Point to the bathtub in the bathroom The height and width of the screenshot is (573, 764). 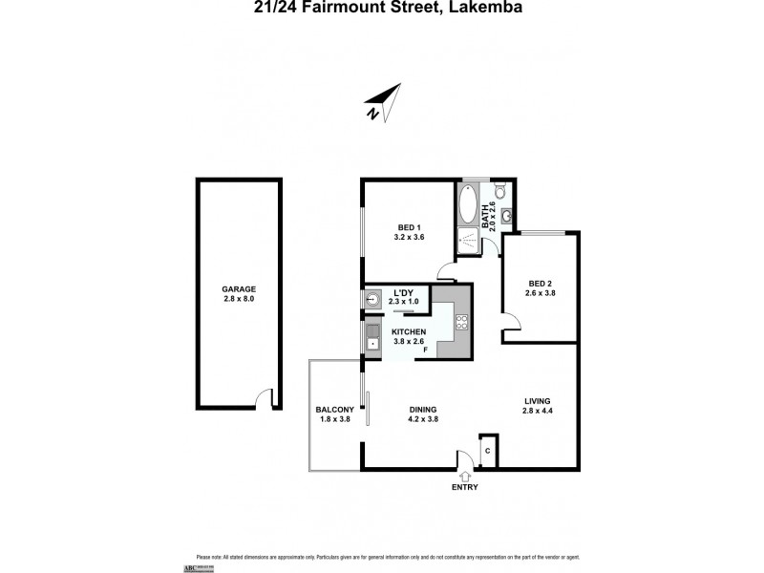click(x=469, y=203)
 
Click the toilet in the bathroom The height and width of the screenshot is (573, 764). click(x=500, y=191)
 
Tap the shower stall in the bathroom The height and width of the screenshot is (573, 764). click(x=469, y=241)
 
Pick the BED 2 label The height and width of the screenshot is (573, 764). click(x=541, y=284)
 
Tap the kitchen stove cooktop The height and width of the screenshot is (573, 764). click(x=462, y=322)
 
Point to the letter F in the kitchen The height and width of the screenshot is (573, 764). click(x=426, y=350)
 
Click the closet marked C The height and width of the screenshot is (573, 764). click(x=487, y=451)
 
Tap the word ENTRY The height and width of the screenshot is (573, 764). click(x=465, y=487)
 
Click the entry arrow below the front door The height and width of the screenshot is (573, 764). click(x=465, y=475)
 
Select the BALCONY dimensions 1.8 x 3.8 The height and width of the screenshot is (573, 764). click(x=334, y=419)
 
